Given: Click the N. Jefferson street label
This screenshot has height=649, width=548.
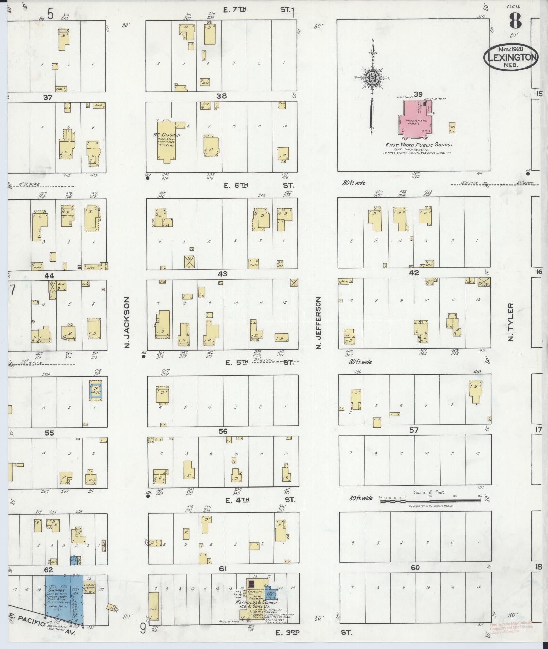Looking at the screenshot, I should (318, 323).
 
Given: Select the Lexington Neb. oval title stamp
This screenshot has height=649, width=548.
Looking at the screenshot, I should (511, 57).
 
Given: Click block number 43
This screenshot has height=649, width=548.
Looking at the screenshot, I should (223, 274).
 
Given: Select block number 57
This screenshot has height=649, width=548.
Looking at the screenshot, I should (413, 430).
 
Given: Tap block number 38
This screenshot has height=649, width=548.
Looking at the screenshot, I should (222, 96).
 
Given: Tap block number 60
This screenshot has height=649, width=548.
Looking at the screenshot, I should (415, 568).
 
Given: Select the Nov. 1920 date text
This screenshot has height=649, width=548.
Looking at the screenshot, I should (511, 49).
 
